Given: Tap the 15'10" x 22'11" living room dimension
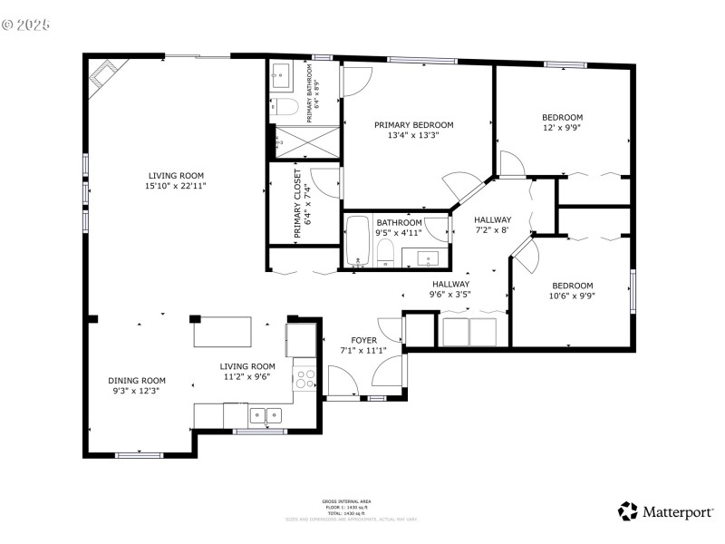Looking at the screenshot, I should [177, 186].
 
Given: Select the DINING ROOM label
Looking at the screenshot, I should [137, 380].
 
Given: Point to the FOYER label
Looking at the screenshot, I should [363, 340].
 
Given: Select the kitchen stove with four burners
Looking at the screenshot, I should [305, 378].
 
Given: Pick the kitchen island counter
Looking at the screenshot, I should [223, 331].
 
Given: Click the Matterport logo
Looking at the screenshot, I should [665, 512].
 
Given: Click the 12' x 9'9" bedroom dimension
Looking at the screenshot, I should [562, 128].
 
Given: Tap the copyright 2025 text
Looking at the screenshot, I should [27, 24].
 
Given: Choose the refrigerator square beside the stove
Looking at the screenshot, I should [300, 340].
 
